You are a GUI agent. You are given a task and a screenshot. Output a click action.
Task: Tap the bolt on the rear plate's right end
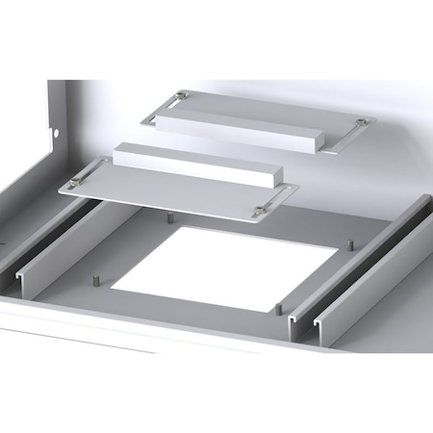click(361, 122)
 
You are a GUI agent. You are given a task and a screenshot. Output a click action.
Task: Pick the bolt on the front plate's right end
click(259, 211)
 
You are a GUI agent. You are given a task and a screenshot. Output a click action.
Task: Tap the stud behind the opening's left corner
click(169, 217)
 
